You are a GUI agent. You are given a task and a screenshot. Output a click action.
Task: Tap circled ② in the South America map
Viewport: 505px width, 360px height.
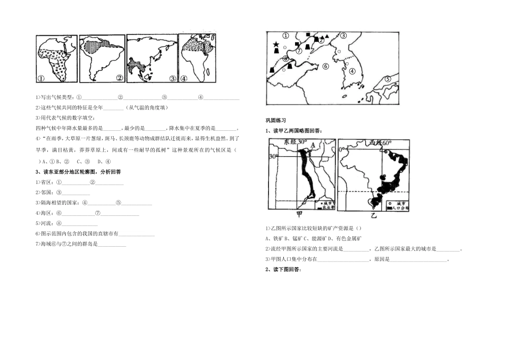(x=120, y=78)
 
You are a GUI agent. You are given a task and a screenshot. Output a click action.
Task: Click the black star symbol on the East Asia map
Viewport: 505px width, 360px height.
(x=276, y=45)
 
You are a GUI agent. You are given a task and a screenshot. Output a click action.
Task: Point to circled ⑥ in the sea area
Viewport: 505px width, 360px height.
(x=325, y=66)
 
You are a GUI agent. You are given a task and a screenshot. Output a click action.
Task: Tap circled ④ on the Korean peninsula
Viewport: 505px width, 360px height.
(x=352, y=71)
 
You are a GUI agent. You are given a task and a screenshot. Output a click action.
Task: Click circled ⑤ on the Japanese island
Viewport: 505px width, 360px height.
(x=388, y=78)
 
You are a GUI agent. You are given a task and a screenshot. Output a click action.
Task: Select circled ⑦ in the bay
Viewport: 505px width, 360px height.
(x=299, y=51)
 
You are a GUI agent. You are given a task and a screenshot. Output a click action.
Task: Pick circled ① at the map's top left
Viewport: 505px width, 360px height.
(x=285, y=36)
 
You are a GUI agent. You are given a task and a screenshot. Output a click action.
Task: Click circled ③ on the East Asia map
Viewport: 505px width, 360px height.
(x=343, y=36)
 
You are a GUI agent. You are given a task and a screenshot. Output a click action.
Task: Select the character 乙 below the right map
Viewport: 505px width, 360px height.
(x=373, y=215)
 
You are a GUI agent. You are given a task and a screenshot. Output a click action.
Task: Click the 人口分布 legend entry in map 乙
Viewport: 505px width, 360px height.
(x=399, y=208)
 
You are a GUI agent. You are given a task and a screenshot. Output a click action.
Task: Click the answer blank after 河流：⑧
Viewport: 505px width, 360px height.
(x=80, y=224)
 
